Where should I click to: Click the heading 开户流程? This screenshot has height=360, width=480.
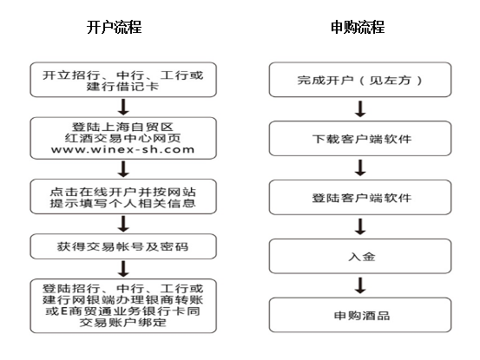click(115, 28)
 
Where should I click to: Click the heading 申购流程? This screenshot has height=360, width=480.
click(358, 28)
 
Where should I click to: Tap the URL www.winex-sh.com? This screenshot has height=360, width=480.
click(123, 149)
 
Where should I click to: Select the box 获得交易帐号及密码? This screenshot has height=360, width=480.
click(123, 246)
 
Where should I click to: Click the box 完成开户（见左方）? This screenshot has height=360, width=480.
click(360, 80)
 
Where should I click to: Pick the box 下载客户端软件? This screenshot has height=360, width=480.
click(360, 139)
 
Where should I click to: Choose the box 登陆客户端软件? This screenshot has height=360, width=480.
click(360, 197)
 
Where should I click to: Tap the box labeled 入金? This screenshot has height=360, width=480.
click(360, 256)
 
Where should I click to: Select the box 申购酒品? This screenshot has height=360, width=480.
click(360, 315)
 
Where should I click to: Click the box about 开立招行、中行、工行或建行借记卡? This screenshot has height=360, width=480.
click(123, 80)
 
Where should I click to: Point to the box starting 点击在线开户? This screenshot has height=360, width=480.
click(123, 197)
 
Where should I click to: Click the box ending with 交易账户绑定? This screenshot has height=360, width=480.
click(123, 306)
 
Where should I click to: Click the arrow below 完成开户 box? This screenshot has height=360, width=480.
click(360, 109)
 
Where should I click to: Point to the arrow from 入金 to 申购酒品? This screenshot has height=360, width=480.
click(360, 285)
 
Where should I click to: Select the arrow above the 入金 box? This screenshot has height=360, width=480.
click(360, 226)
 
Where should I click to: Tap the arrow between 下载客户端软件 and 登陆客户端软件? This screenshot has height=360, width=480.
click(360, 167)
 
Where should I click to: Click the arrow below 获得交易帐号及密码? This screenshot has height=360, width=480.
click(123, 269)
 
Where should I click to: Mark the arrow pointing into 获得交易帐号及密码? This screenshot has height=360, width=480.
click(123, 224)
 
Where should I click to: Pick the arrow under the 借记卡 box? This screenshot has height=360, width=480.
click(123, 107)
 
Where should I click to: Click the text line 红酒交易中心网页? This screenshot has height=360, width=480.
click(123, 138)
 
